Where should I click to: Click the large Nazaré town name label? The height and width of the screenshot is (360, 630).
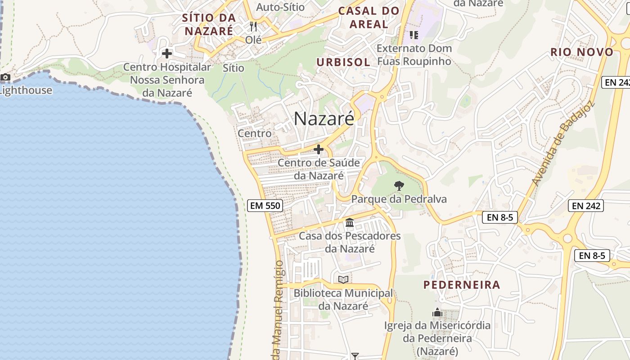324,118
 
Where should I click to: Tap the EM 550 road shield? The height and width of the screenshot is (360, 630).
265,206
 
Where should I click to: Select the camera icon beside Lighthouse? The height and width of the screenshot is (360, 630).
5,77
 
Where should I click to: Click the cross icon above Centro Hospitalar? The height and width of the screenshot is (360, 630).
167,54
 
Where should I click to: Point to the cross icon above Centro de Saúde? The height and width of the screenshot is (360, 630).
319,149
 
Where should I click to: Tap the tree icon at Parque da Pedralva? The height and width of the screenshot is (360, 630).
399,185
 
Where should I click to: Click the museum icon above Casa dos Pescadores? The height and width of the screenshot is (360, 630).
350,222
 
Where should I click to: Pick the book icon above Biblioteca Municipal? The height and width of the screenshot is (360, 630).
343,279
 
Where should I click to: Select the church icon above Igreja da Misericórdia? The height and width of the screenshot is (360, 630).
437,312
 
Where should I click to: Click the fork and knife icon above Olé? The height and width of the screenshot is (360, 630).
253,27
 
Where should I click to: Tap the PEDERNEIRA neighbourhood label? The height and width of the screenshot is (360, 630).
462,285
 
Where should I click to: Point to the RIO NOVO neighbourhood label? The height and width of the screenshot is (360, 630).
582,52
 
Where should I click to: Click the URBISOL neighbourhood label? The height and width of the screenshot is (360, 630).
343,62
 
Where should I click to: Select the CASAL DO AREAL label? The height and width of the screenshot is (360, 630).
369,18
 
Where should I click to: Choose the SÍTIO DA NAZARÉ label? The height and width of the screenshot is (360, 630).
209,24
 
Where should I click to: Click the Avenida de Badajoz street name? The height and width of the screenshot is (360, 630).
562,143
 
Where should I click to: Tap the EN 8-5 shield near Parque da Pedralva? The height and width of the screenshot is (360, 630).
500,217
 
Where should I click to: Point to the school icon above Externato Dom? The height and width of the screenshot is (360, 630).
414,35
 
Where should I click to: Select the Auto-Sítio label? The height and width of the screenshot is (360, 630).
280,7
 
